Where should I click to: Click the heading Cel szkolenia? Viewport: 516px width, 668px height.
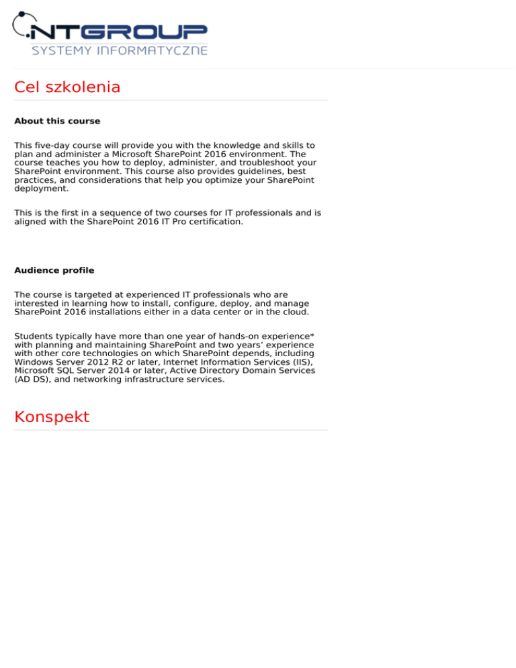point(67,87)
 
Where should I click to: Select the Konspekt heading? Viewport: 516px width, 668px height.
point(51,417)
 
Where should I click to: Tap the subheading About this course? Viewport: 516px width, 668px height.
point(57,122)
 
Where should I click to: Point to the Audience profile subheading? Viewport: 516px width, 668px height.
point(54,271)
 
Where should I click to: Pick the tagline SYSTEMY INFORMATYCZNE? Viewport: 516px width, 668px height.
point(120,51)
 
